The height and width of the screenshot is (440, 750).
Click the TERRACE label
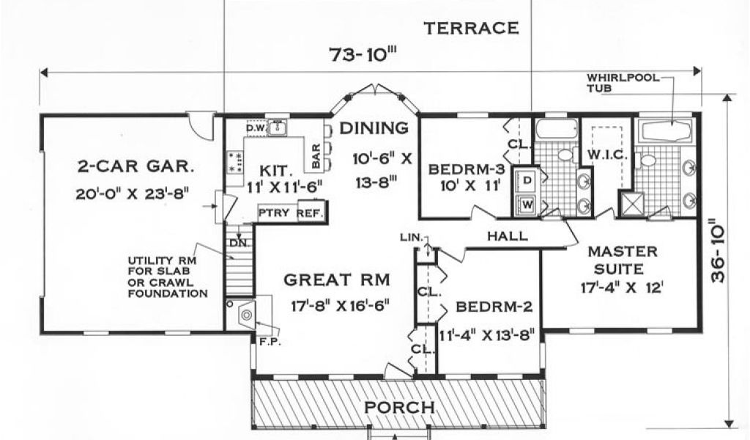coord(471,29)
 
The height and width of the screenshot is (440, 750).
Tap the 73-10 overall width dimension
coord(364,54)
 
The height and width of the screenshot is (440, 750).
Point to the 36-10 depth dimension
coord(718,251)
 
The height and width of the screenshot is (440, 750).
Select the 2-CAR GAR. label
coord(135,166)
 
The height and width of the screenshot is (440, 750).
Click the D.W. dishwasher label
coord(256,128)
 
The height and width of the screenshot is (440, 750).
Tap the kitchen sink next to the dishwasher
coord(277,128)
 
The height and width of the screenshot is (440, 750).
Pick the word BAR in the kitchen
coord(316,156)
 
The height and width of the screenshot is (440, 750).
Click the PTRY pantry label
coord(274,213)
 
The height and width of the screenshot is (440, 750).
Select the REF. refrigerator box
coord(311,213)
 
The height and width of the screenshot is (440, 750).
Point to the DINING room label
coord(374,128)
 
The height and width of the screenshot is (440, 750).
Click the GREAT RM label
coord(337,279)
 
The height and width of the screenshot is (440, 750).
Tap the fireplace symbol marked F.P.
coord(247,314)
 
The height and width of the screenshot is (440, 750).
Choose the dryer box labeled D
coord(527,180)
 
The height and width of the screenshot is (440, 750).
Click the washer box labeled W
coord(527,205)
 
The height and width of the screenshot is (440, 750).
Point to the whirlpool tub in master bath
coord(667,131)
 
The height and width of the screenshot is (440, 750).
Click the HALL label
coord(508,235)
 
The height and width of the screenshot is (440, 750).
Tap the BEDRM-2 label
coord(494,307)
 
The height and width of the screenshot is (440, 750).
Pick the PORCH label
coord(400,408)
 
